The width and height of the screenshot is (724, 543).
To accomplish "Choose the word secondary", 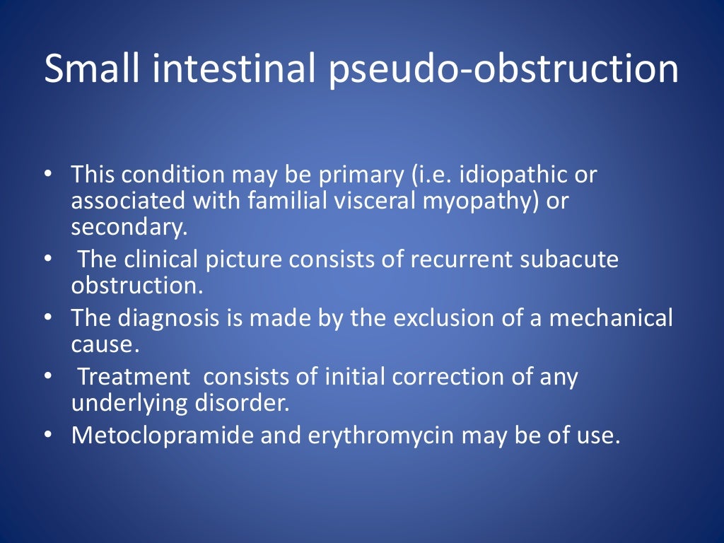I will point(120,228).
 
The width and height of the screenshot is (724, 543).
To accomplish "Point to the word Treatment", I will point(134,377).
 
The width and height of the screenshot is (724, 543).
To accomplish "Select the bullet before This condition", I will point(47,174).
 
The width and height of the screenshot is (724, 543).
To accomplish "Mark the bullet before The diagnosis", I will point(47,318).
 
